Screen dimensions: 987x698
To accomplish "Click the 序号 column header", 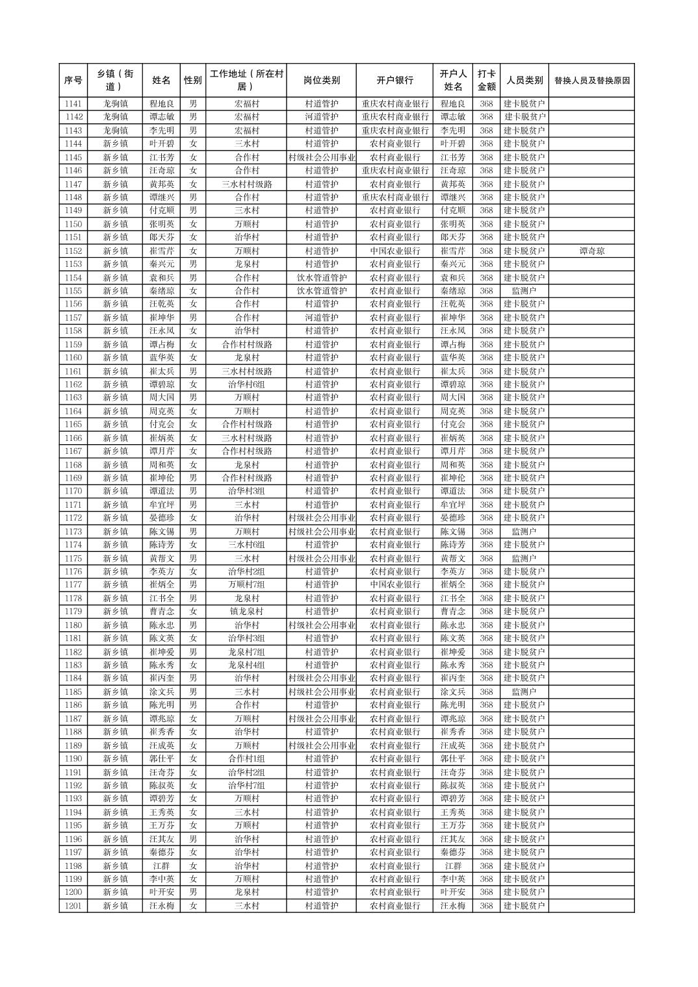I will pyautogui.click(x=73, y=81).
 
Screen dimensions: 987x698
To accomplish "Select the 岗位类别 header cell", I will pyautogui.click(x=321, y=81).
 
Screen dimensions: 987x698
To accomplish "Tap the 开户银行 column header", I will pyautogui.click(x=394, y=81).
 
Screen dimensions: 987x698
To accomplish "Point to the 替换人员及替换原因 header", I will pyautogui.click(x=591, y=81).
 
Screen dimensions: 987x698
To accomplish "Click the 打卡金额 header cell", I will pyautogui.click(x=486, y=81).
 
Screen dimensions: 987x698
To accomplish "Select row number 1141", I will pyautogui.click(x=73, y=104).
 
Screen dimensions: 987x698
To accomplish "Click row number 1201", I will pyautogui.click(x=73, y=906).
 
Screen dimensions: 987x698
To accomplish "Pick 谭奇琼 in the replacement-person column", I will pyautogui.click(x=591, y=251).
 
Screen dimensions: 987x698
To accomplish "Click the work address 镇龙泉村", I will pyautogui.click(x=246, y=612).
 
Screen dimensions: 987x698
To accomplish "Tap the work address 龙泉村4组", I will pyautogui.click(x=246, y=665).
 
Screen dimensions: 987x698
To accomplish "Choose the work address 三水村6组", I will pyautogui.click(x=246, y=545).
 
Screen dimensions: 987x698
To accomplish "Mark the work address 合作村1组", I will pyautogui.click(x=246, y=758).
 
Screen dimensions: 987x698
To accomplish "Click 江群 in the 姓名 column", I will pyautogui.click(x=161, y=866).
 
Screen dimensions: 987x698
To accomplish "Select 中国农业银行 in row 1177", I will pyautogui.click(x=394, y=585).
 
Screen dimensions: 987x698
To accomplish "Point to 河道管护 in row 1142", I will pyautogui.click(x=321, y=117).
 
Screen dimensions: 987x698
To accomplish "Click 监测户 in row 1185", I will pyautogui.click(x=524, y=692).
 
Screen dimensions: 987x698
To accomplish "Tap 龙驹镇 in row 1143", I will pyautogui.click(x=115, y=131).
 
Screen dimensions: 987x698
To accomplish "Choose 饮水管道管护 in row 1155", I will pyautogui.click(x=321, y=291).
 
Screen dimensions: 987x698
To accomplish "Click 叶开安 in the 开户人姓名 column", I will pyautogui.click(x=453, y=892).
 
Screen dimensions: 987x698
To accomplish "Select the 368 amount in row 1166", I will pyautogui.click(x=486, y=438).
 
